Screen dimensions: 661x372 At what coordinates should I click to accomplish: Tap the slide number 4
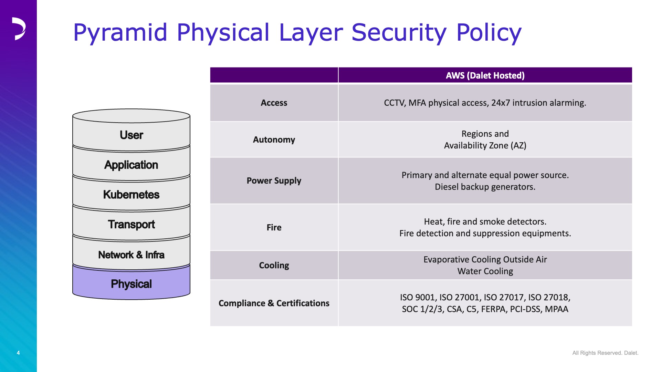18,353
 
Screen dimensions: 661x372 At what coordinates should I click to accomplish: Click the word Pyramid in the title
120,33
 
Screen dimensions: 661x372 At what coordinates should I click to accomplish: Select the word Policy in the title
489,33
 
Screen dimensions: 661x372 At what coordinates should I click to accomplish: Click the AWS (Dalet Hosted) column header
485,75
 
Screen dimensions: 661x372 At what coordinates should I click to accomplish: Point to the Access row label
274,103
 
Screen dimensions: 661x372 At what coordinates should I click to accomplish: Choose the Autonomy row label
274,139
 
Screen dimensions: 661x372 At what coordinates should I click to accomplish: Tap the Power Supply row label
274,180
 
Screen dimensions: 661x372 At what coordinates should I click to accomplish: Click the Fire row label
274,227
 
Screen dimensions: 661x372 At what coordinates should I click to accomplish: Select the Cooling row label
274,265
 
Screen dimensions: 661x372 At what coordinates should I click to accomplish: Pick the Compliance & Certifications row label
274,303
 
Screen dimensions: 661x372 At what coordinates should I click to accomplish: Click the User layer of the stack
131,135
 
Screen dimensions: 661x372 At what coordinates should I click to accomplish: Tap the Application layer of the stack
131,165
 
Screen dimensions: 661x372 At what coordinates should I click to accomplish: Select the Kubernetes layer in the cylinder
131,194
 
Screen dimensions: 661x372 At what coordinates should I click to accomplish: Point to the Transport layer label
131,225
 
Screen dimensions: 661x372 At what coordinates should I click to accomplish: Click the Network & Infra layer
131,255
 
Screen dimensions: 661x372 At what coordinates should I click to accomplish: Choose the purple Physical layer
131,284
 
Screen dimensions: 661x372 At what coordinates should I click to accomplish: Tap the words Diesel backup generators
485,187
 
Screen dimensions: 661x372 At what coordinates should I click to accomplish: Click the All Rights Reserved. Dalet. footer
605,353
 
